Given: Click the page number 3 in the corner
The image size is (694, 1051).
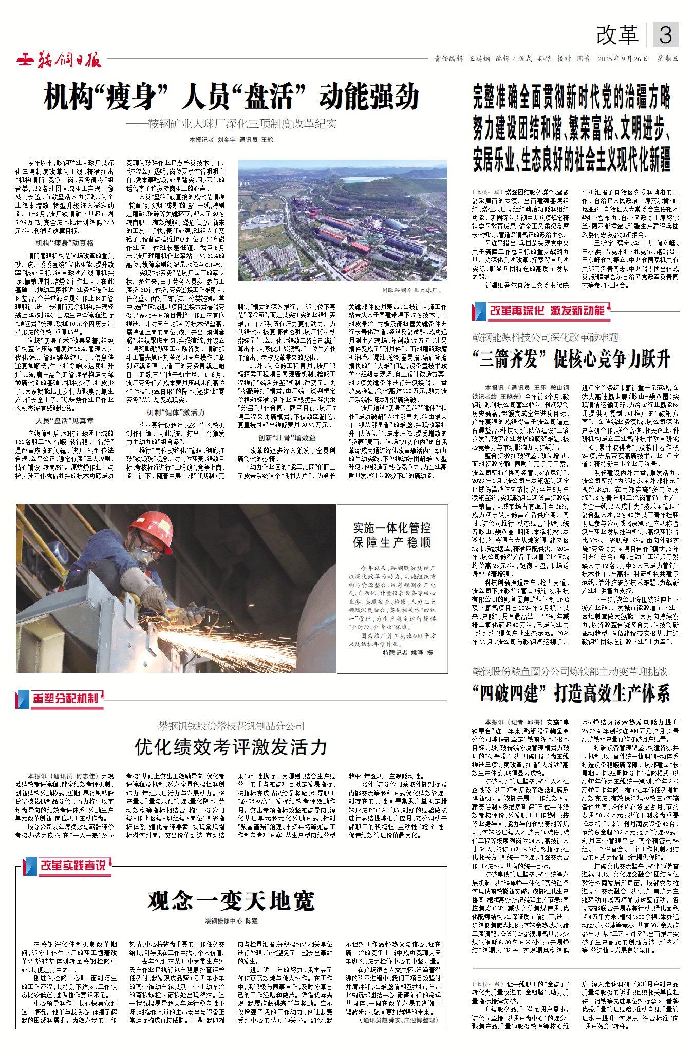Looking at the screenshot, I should coord(665,35).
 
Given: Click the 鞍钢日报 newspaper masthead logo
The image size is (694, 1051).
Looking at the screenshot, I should coord(59,60).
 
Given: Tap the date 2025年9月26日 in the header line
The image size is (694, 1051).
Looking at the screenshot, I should coord(623,59).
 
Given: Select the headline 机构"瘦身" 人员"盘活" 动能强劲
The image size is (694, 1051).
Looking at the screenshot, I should coord(231,97).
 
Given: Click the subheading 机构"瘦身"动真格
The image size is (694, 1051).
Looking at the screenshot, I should coord(65,243).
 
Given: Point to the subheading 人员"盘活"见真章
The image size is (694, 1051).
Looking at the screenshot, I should coord(65,421).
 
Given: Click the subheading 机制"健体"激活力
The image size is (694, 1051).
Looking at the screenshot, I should coord(175,412).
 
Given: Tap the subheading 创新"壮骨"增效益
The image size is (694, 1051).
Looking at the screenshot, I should coord(287,438).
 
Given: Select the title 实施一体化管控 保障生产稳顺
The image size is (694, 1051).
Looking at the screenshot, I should coord(391,535).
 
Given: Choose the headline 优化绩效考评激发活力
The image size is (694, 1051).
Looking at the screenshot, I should coord(231,747).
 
